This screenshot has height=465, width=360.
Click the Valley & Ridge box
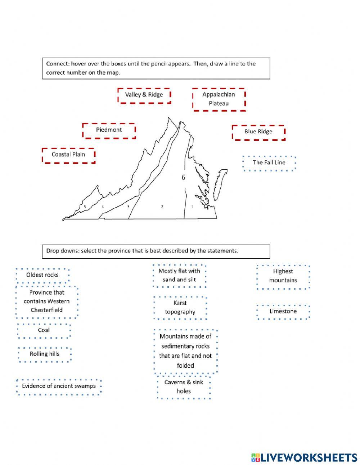tap(144, 95)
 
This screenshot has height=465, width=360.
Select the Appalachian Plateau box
tap(219, 99)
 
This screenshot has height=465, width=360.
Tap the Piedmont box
tap(109, 130)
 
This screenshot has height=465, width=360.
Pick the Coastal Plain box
tap(68, 155)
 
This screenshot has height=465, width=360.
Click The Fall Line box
tap(269, 163)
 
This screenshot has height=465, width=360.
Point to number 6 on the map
tap(183, 178)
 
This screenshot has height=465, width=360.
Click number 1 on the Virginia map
tap(192, 207)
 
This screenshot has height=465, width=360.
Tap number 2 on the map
tap(162, 207)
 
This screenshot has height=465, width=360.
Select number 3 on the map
tap(128, 207)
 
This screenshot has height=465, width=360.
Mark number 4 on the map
tap(103, 207)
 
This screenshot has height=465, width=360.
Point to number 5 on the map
tap(85, 207)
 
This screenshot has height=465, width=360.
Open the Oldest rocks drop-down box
tap(42, 275)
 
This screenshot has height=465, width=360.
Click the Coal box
tap(44, 330)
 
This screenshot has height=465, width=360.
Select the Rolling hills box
tap(45, 354)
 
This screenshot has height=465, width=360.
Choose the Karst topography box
tap(180, 308)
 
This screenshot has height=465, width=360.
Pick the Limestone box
tap(283, 312)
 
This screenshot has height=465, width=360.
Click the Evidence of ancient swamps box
tap(59, 386)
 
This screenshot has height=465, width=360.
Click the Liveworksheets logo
tap(304, 457)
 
